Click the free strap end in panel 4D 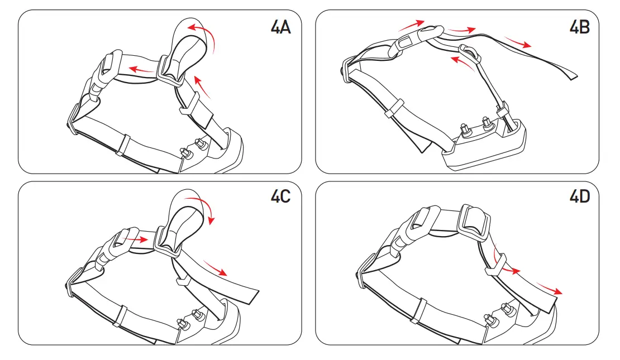(x=550, y=301)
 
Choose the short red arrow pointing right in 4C (x=136, y=238)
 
